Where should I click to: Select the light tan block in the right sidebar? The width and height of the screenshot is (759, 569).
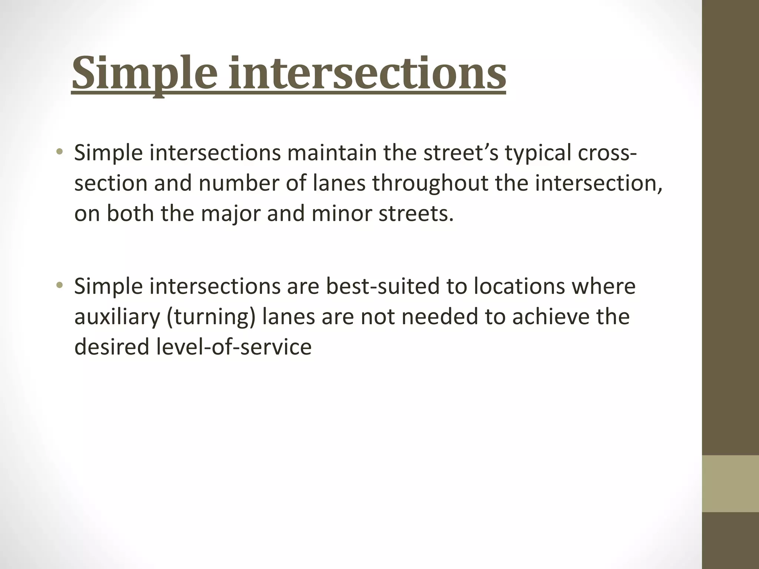(730, 483)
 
